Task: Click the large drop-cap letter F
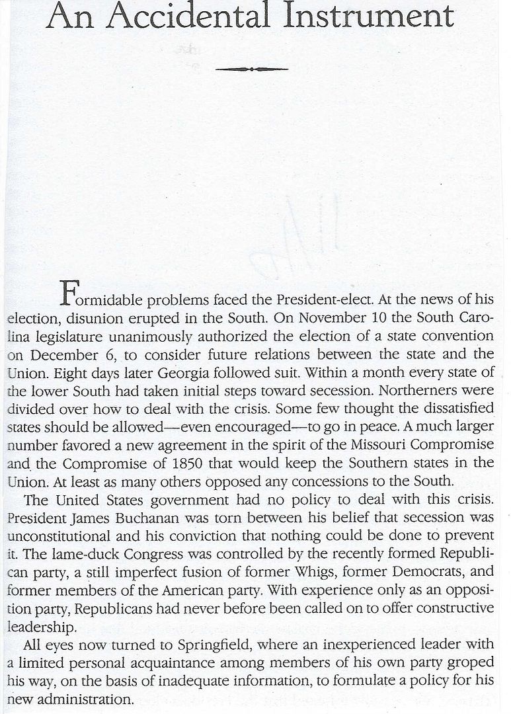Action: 69,291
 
